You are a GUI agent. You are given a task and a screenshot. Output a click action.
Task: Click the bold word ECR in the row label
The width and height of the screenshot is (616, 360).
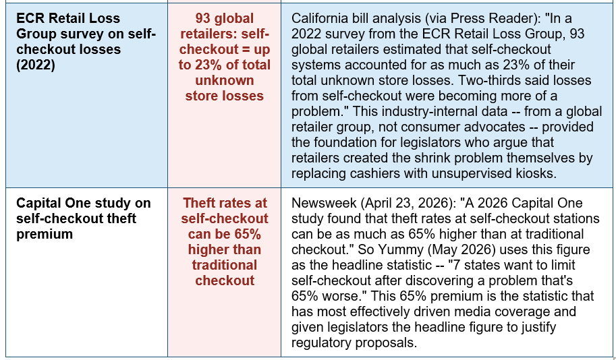30,18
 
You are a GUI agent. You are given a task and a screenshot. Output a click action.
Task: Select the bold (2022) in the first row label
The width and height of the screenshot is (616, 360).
36,65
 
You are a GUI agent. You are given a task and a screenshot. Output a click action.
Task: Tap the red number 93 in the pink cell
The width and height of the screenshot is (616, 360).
203,18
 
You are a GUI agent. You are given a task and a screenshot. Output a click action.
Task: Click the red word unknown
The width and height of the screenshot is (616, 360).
225,80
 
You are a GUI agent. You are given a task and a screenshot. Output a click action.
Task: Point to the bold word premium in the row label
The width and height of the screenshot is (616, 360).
45,235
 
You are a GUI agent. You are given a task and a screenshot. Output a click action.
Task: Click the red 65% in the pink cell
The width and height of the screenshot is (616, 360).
248,235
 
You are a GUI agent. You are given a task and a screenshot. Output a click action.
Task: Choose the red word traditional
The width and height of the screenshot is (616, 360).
225,266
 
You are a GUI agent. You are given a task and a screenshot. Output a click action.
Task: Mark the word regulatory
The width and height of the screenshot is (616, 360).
322,343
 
